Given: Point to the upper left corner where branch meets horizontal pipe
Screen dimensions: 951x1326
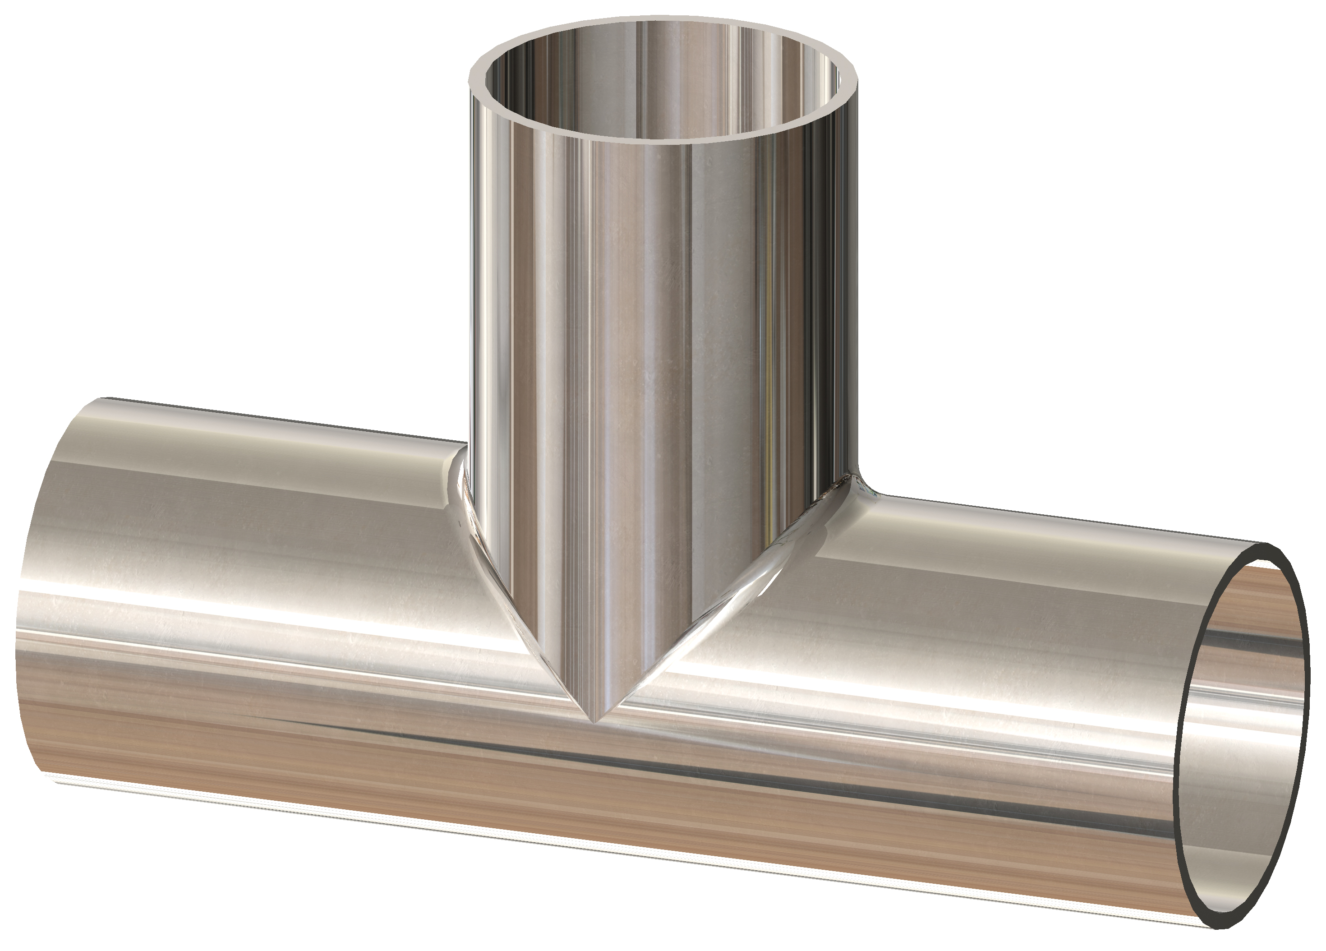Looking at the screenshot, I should (465, 462).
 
